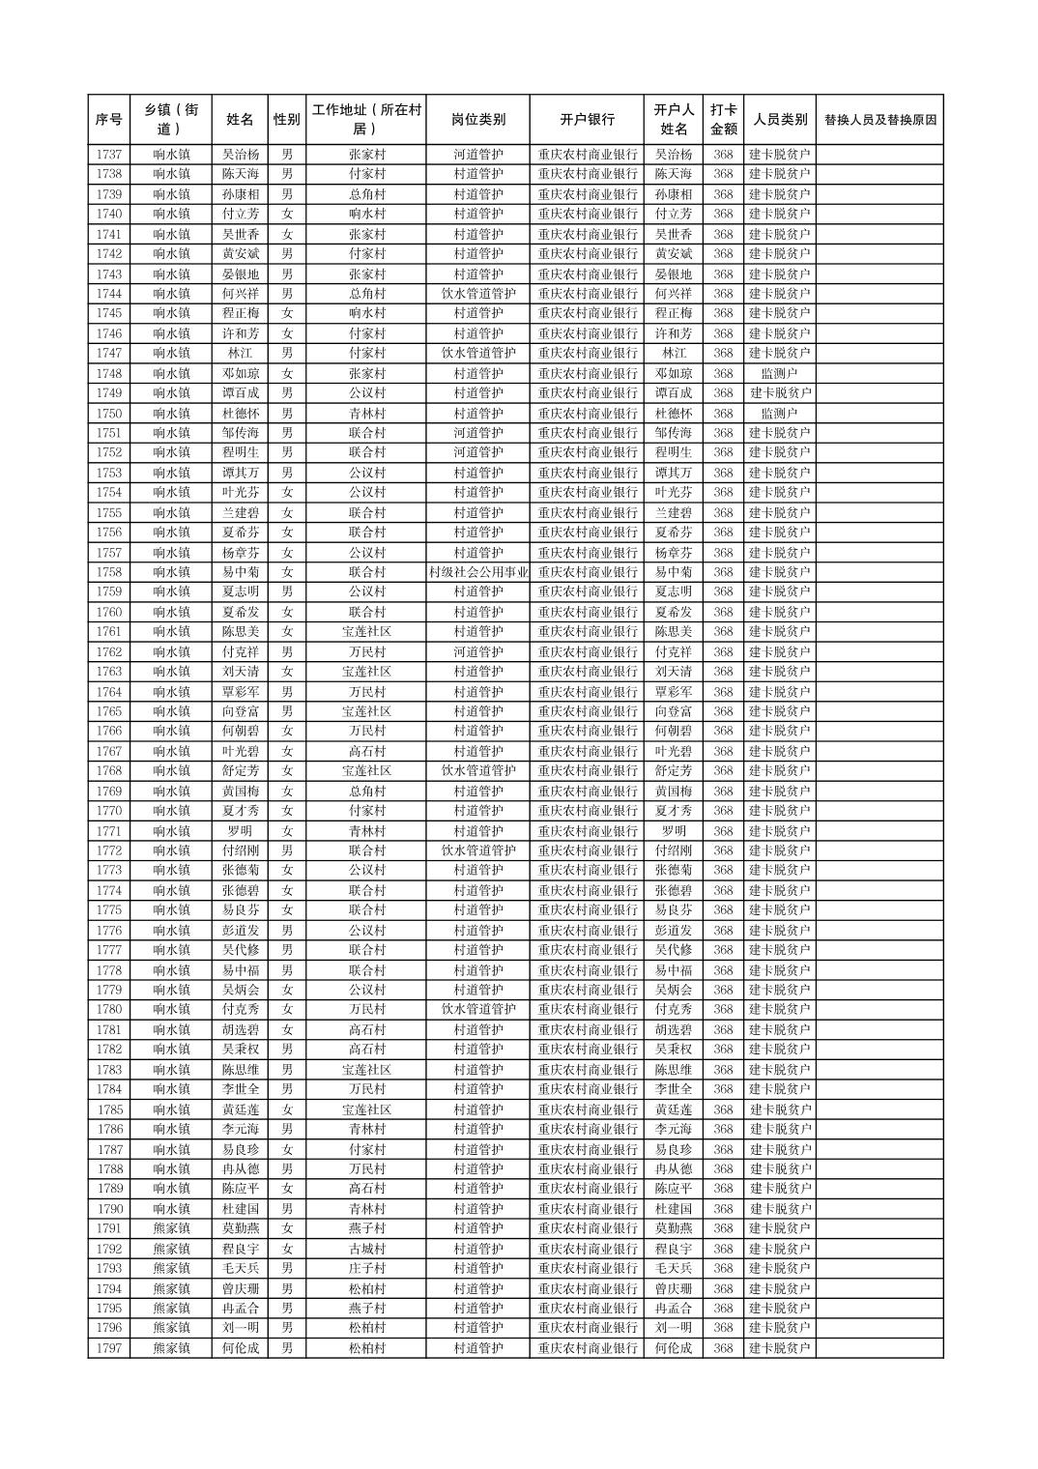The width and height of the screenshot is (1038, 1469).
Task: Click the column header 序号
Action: click(109, 120)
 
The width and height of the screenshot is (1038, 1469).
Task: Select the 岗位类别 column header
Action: click(477, 120)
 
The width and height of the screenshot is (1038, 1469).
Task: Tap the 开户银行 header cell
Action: click(587, 120)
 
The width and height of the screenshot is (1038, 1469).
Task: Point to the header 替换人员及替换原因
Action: click(879, 120)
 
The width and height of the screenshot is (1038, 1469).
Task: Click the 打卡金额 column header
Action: click(723, 120)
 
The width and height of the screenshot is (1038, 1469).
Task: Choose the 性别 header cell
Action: click(286, 120)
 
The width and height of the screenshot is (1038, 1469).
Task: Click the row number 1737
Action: click(109, 155)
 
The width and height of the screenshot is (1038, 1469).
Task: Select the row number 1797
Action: click(109, 1348)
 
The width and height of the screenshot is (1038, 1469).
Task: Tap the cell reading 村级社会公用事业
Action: click(477, 572)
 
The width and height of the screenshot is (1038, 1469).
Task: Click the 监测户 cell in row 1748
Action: click(779, 373)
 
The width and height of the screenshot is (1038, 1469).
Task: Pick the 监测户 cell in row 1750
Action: click(779, 413)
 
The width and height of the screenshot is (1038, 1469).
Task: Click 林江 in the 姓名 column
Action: click(240, 354)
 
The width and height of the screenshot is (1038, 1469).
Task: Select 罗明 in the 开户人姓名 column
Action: click(674, 831)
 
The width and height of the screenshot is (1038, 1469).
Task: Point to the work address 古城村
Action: click(366, 1249)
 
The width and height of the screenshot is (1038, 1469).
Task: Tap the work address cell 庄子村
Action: click(366, 1268)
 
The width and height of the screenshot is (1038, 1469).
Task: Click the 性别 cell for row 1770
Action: click(286, 811)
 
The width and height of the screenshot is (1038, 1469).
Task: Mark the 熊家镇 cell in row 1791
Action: click(171, 1228)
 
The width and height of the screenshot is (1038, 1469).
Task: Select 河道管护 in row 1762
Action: click(477, 652)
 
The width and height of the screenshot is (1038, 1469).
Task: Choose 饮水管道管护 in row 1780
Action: click(477, 1010)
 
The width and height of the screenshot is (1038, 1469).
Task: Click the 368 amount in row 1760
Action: click(723, 612)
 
